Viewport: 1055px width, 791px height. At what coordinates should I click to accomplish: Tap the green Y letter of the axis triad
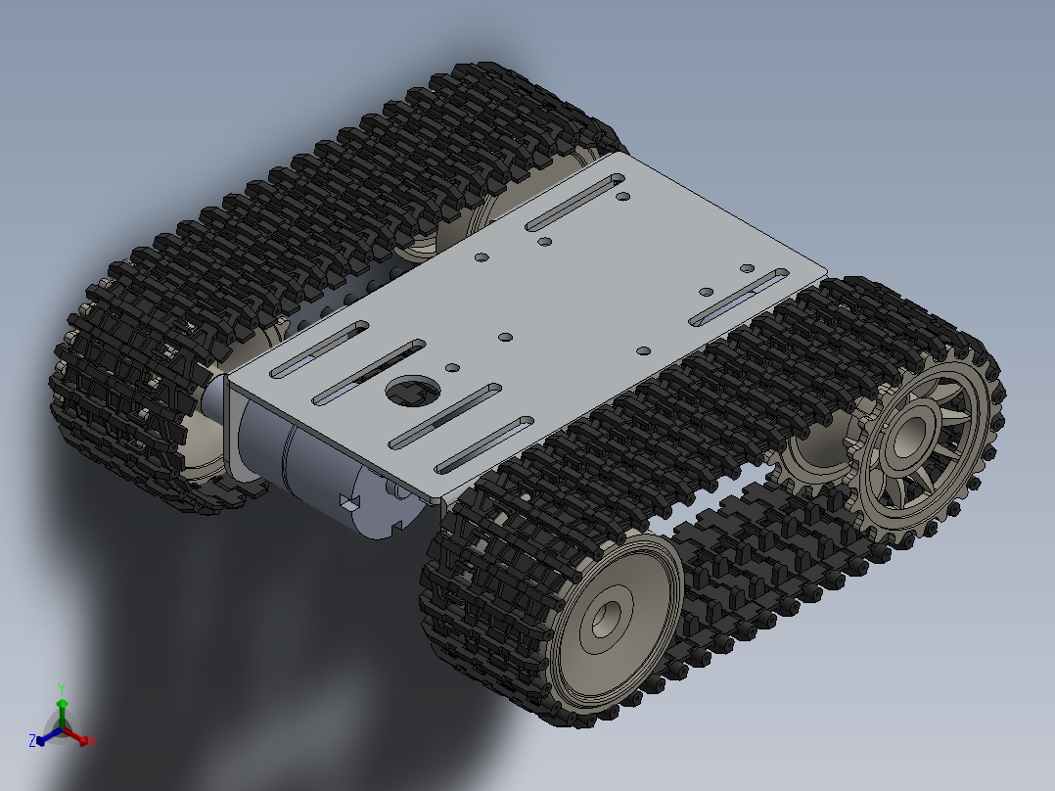pyautogui.click(x=62, y=687)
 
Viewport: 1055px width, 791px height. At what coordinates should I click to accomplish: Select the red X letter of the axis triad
pyautogui.click(x=91, y=742)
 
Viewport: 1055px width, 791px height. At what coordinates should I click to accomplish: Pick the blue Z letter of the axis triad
pyautogui.click(x=32, y=741)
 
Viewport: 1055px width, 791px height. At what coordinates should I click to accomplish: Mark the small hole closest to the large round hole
pyautogui.click(x=452, y=368)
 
